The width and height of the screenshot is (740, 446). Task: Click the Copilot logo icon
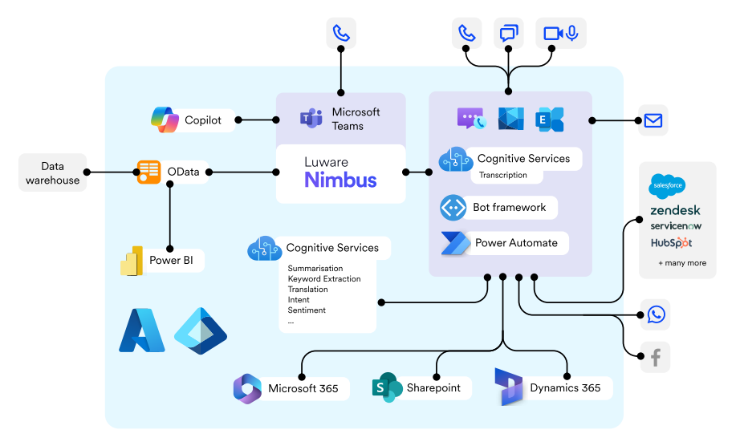point(165,120)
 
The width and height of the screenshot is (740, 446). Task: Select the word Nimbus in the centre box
point(340,180)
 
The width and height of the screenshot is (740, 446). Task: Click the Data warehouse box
point(53,173)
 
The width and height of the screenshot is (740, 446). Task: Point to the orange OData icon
point(148,172)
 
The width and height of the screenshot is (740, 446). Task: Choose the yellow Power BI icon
point(131,261)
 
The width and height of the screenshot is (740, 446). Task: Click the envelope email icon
point(653,120)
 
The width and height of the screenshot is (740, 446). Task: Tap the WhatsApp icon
point(656,314)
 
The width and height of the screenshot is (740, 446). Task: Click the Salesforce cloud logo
point(667,186)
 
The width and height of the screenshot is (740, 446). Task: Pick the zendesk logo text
point(675,210)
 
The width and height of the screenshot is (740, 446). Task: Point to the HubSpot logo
point(671,242)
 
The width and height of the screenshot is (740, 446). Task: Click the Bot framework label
point(509,207)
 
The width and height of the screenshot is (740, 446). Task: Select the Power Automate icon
point(454,243)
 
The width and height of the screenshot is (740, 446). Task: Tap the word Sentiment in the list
point(306,310)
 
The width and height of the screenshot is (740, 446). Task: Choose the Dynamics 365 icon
point(509,387)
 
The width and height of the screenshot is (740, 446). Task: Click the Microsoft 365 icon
point(247,388)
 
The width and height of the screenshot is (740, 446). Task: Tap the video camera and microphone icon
point(561,33)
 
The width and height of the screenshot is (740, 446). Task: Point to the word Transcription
point(503,175)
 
